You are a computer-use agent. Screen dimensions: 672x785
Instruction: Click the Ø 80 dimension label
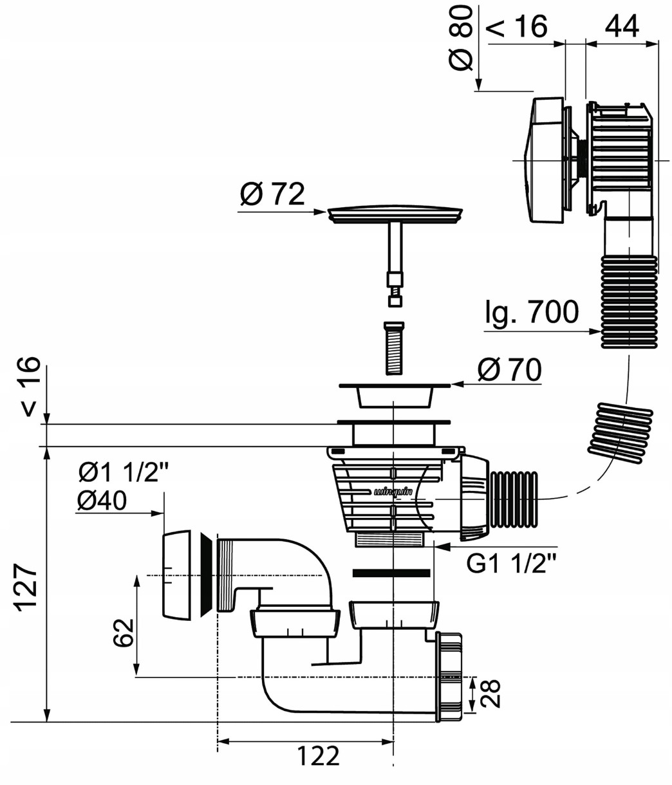click(460, 39)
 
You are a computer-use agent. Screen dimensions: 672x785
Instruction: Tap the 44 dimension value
click(622, 26)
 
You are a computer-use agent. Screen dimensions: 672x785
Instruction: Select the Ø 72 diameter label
click(272, 194)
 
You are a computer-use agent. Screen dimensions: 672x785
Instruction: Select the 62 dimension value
click(124, 633)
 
